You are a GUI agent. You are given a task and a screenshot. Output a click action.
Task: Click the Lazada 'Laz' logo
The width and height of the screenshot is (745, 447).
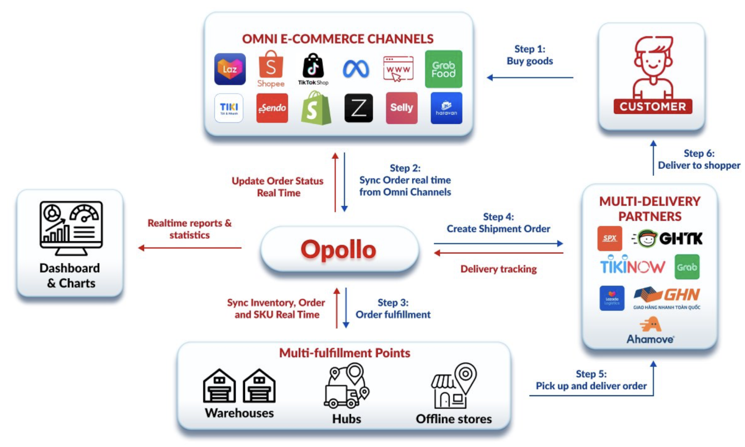(x=230, y=69)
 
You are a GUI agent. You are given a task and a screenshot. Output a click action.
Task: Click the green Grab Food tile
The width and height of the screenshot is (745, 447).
(x=443, y=69)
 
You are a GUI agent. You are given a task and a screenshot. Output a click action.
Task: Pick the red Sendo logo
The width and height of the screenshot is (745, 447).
(x=272, y=108)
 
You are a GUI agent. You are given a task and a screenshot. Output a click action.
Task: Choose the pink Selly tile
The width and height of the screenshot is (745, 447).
(x=402, y=108)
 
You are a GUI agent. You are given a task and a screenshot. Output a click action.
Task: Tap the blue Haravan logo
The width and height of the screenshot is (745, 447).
(x=446, y=108)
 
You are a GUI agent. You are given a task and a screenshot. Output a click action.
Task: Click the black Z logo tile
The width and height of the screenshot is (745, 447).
(x=359, y=108)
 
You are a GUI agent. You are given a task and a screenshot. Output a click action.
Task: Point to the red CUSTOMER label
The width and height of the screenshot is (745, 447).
(x=653, y=107)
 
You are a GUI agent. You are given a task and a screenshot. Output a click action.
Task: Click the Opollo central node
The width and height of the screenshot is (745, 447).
(x=339, y=249)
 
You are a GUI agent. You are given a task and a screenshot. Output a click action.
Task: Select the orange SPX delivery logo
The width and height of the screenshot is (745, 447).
(x=610, y=238)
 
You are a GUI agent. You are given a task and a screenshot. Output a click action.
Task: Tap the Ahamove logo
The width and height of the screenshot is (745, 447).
(x=650, y=331)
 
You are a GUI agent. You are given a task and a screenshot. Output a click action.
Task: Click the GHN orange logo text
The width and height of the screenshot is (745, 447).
(x=682, y=295)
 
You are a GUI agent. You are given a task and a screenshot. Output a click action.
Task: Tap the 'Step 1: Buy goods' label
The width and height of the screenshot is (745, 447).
(x=530, y=55)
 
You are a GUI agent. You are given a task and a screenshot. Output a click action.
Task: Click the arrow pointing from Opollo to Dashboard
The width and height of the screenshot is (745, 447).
(x=190, y=248)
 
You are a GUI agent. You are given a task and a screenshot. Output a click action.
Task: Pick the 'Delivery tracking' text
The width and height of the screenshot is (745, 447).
(x=498, y=269)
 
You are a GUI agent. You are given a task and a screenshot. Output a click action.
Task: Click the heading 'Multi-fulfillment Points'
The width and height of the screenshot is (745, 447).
(x=344, y=353)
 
